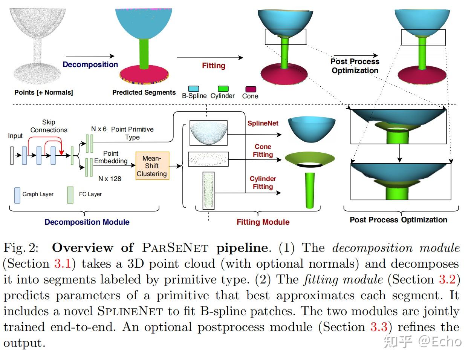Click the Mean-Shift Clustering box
pyautogui.click(x=152, y=166)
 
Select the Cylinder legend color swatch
pyautogui.click(x=223, y=89)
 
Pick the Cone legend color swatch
pyautogui.click(x=251, y=89)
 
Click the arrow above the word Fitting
pyautogui.click(x=210, y=58)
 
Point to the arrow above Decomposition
pyautogui.click(x=90, y=57)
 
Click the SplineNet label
pyautogui.click(x=263, y=123)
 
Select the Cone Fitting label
pyautogui.click(x=263, y=150)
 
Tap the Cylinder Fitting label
pyautogui.click(x=263, y=182)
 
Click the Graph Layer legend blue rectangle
pyautogui.click(x=17, y=195)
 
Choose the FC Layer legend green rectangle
pyautogui.click(x=70, y=195)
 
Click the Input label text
pyautogui.click(x=15, y=136)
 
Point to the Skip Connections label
pyautogui.click(x=49, y=126)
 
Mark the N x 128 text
pyautogui.click(x=110, y=179)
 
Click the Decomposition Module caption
pyautogui.click(x=87, y=222)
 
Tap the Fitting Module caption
pyautogui.click(x=263, y=222)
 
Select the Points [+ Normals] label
pyautogui.click(x=44, y=92)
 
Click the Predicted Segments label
pyautogui.click(x=144, y=92)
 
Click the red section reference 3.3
pyautogui.click(x=379, y=327)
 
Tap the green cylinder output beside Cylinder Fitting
pyautogui.click(x=310, y=190)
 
